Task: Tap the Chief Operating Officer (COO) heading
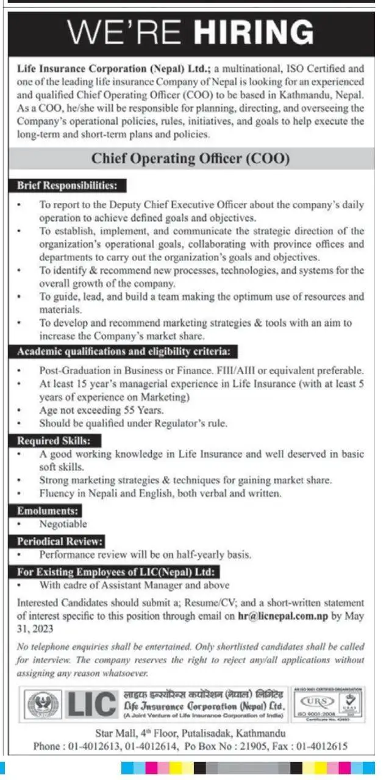click(190, 159)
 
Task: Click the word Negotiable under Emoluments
click(63, 524)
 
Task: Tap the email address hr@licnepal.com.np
click(284, 616)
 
